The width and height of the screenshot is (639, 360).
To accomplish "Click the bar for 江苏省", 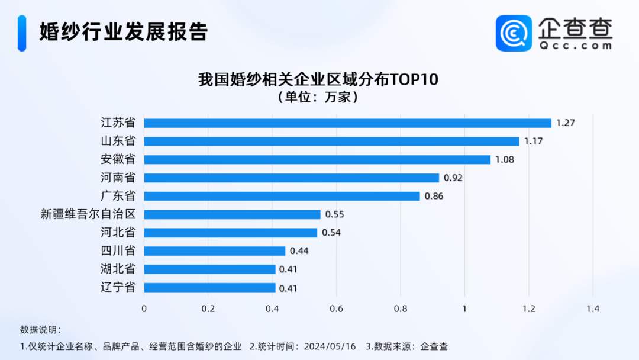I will pyautogui.click(x=347, y=123).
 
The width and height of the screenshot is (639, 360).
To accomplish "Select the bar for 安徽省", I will pyautogui.click(x=317, y=160).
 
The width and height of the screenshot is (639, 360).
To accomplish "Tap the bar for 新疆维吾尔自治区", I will pyautogui.click(x=232, y=214).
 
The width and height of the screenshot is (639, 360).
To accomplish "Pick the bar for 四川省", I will pyautogui.click(x=214, y=251).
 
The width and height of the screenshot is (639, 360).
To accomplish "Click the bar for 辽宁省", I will pyautogui.click(x=209, y=288).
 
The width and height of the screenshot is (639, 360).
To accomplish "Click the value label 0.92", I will pyautogui.click(x=453, y=178).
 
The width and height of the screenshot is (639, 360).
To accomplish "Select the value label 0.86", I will pyautogui.click(x=434, y=197).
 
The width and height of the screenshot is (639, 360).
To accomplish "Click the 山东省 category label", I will pyautogui.click(x=118, y=142).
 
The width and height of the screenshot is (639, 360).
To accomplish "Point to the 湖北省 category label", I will pyautogui.click(x=118, y=269).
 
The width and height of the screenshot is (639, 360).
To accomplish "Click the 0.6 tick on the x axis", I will pyautogui.click(x=336, y=308).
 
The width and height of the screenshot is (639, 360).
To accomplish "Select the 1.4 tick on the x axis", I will pyautogui.click(x=593, y=308).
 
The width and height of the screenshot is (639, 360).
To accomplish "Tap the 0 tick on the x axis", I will pyautogui.click(x=144, y=308).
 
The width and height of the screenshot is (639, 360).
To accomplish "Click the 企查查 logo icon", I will pyautogui.click(x=514, y=33).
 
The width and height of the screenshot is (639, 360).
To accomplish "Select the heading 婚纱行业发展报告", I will pyautogui.click(x=124, y=32).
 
